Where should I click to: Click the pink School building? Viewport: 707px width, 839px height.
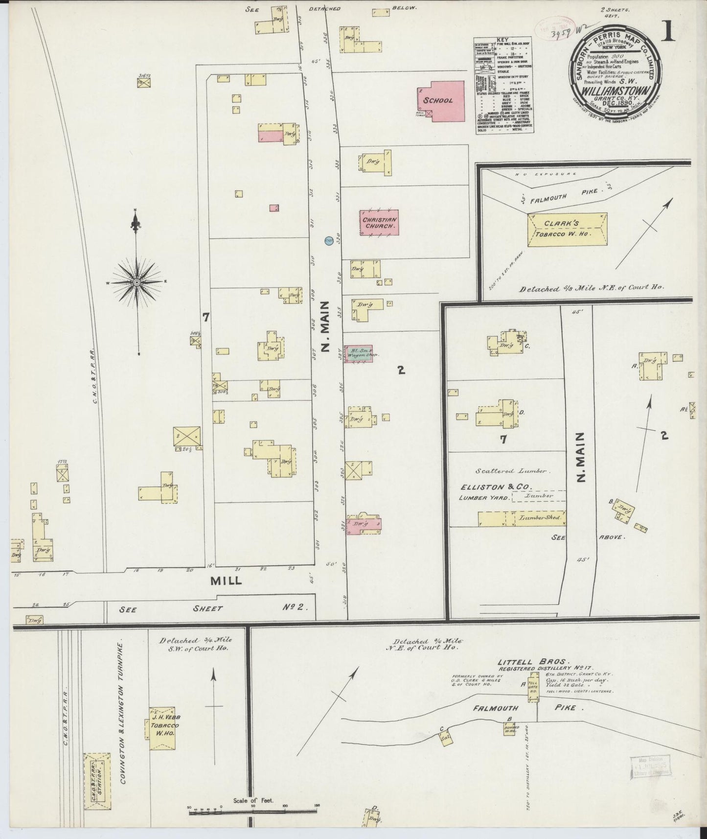point(440,101)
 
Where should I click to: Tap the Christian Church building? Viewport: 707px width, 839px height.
point(379,223)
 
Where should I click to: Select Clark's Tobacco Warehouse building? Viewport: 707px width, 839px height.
point(568,229)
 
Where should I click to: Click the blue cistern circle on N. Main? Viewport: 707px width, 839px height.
point(329,240)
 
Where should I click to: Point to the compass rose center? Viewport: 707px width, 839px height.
point(137,282)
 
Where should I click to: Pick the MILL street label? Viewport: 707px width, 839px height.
point(226,580)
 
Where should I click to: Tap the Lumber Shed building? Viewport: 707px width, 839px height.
point(522,518)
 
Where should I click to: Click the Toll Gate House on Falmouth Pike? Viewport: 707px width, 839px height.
point(533,690)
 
